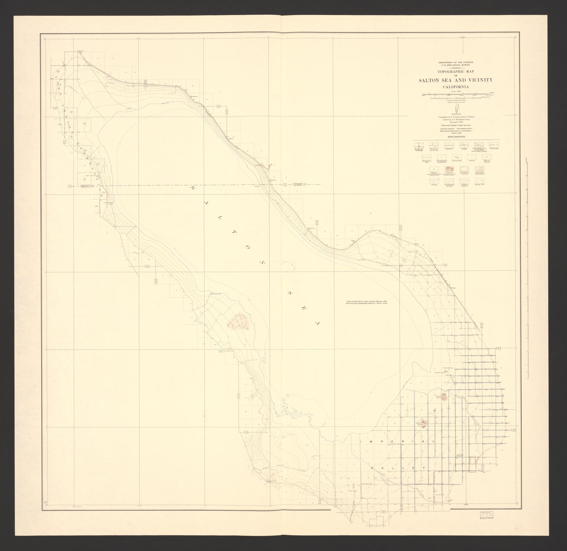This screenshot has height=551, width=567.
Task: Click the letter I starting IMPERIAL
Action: [361, 441]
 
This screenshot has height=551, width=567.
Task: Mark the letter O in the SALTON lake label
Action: [248, 247]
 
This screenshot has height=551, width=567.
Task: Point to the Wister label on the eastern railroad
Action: [454, 288]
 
